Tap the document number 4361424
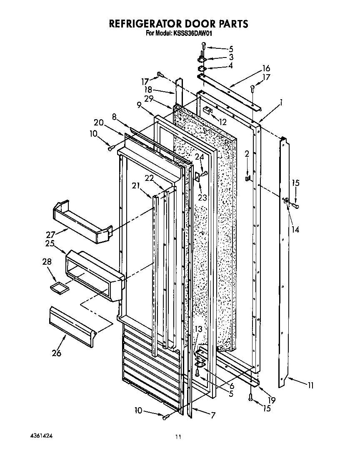42,435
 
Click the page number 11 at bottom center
178,437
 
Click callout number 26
56,353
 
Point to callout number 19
271,400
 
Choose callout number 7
213,415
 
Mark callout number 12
223,122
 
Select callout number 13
198,329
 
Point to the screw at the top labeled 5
203,45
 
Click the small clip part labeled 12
208,110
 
